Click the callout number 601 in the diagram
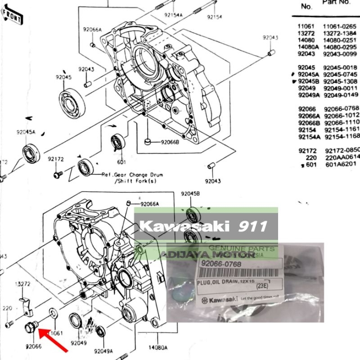click(121, 162)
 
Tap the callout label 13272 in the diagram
click(22, 284)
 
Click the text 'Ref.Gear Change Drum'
click(132, 175)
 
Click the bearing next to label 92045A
click(30, 153)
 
